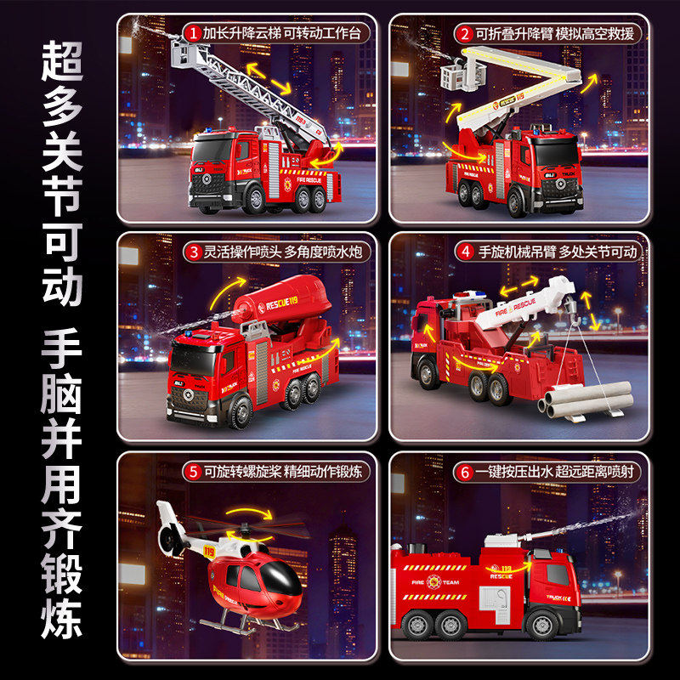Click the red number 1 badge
(193, 34)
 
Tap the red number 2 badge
(465, 34)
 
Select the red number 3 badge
(193, 252)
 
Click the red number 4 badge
(465, 252)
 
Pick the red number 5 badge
(193, 470)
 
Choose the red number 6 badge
(465, 470)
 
